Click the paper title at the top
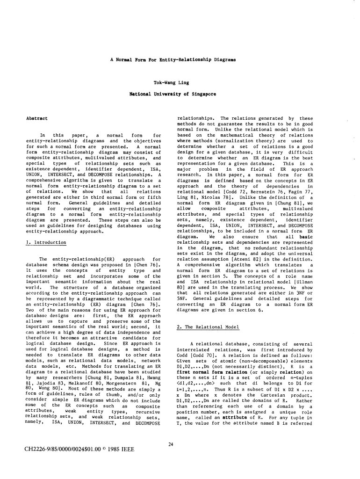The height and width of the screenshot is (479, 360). [x=173, y=60]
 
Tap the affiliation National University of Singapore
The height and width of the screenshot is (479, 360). [x=173, y=94]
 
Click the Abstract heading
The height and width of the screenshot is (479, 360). [x=36, y=119]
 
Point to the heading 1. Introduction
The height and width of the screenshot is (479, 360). [x=46, y=242]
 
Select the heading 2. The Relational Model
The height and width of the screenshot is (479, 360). [x=207, y=313]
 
